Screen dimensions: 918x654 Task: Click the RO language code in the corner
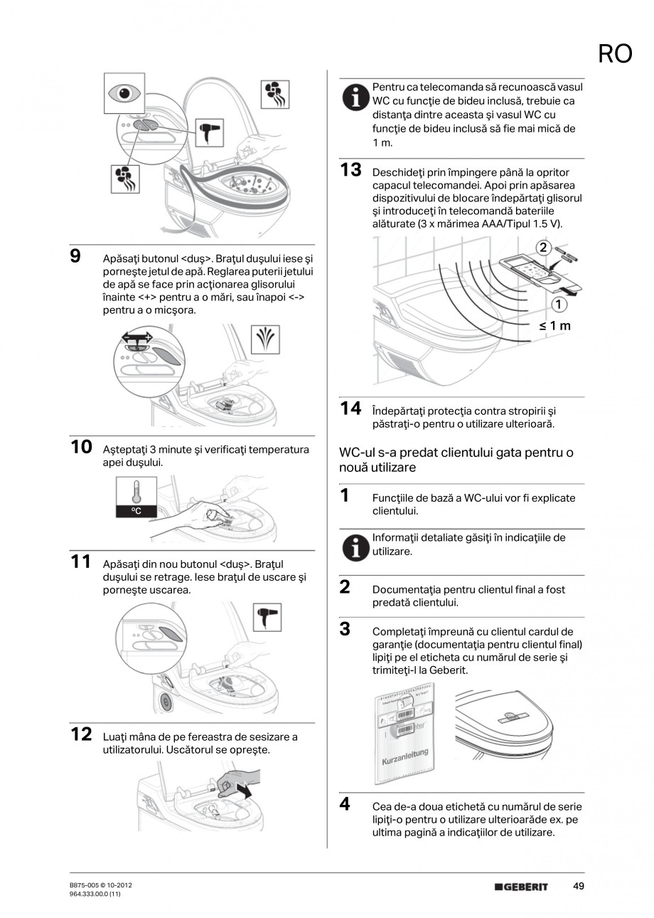[x=615, y=54]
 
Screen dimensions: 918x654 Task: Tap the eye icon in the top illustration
[x=124, y=93]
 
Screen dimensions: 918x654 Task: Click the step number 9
[x=75, y=256]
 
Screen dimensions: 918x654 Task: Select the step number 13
[x=350, y=170]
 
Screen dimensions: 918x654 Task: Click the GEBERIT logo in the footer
[x=521, y=887]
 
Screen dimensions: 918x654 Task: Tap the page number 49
[x=579, y=886]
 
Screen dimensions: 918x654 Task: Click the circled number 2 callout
[x=543, y=248]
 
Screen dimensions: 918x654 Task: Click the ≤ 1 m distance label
[x=554, y=326]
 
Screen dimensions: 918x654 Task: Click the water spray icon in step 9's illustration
[x=267, y=339]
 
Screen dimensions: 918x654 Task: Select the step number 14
[x=350, y=408]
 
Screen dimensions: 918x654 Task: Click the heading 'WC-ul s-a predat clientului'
[x=456, y=460]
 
